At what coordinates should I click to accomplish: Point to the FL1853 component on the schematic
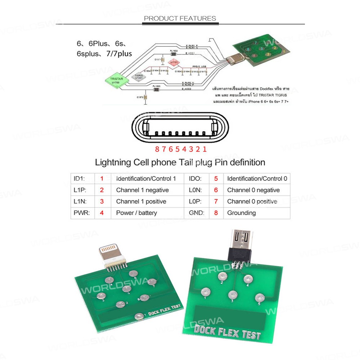[156, 89]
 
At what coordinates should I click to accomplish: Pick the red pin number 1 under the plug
[204, 149]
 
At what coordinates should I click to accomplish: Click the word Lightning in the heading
[113, 162]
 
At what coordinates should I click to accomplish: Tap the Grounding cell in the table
[241, 213]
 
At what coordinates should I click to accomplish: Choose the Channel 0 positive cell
[252, 201]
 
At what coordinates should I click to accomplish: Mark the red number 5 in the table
[216, 179]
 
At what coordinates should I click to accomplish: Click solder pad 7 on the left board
[152, 282]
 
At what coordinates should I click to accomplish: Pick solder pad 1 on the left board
[139, 316]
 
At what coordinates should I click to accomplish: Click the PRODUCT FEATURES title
[180, 18]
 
